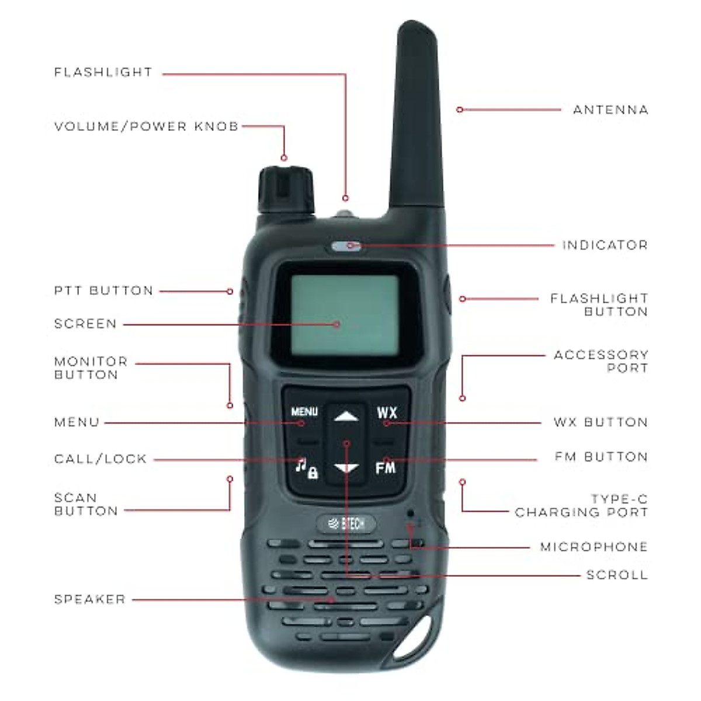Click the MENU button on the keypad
pyautogui.click(x=304, y=412)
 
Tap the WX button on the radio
pyautogui.click(x=386, y=412)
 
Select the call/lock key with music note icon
pyautogui.click(x=306, y=468)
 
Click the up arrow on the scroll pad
pyautogui.click(x=346, y=417)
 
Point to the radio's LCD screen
pyautogui.click(x=345, y=314)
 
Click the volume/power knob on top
pyautogui.click(x=285, y=189)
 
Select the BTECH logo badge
pyautogui.click(x=346, y=524)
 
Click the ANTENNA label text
pyautogui.click(x=610, y=110)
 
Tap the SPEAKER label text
pyautogui.click(x=90, y=599)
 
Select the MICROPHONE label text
pyautogui.click(x=594, y=547)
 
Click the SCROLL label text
pyautogui.click(x=617, y=575)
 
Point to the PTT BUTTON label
pyautogui.click(x=103, y=291)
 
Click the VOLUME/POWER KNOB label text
pyautogui.click(x=146, y=126)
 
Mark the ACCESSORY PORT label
pyautogui.click(x=601, y=362)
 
